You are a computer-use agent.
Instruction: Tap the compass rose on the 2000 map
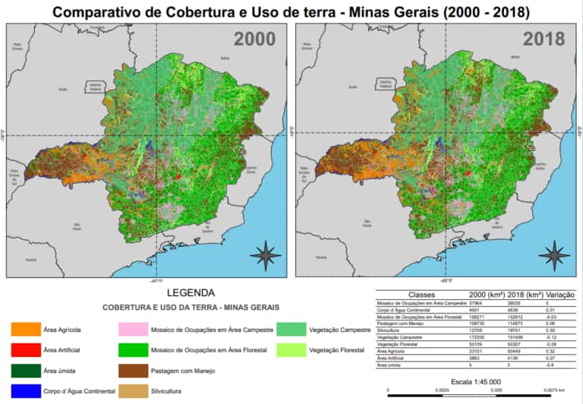[x=266, y=254]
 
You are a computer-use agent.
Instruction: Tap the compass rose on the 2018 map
[x=556, y=254]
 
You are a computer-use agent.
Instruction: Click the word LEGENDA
[x=190, y=292]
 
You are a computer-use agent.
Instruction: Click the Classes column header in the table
[x=422, y=295]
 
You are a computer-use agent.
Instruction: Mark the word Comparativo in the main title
[x=102, y=12]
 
